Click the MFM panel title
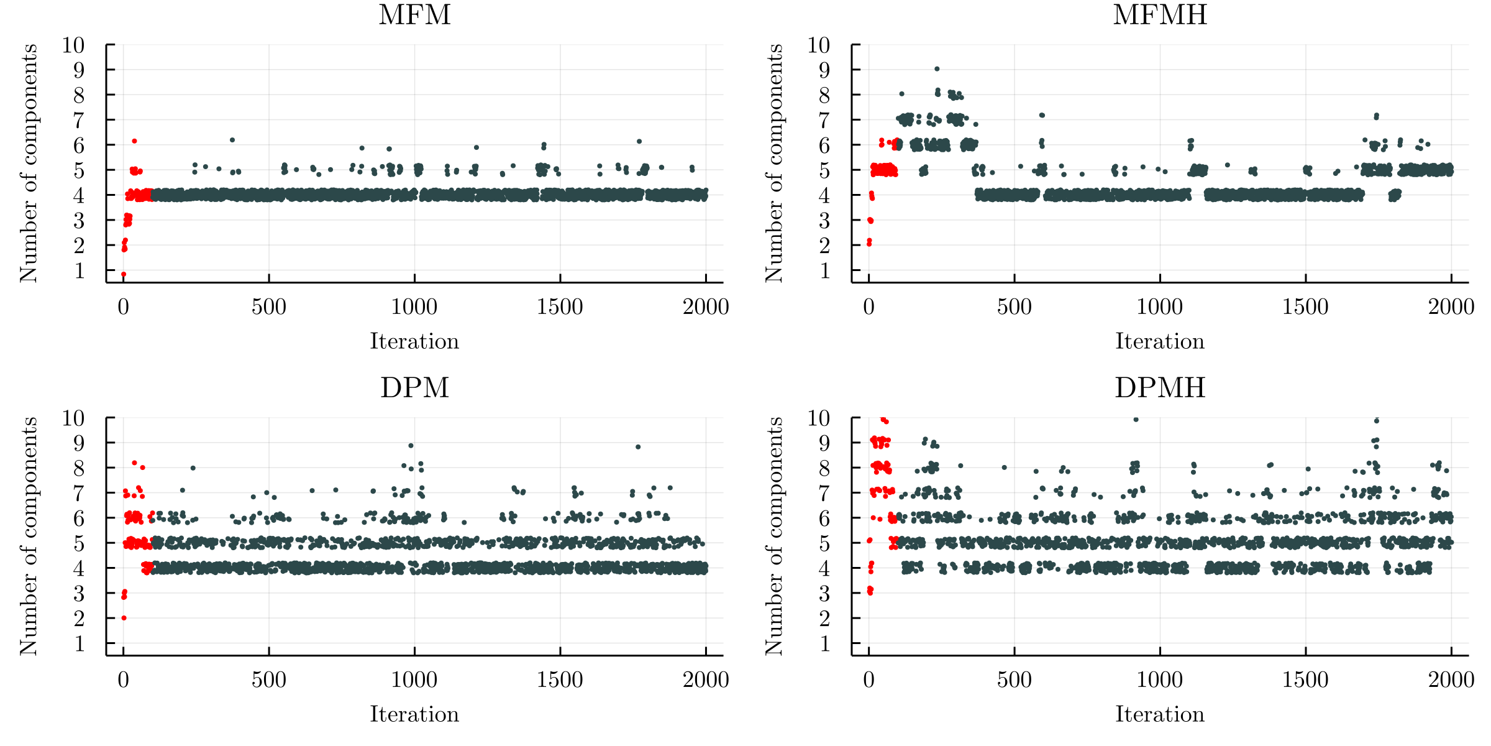(x=414, y=15)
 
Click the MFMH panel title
(x=1160, y=15)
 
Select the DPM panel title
(x=414, y=388)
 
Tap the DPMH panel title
(x=1160, y=388)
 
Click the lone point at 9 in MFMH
(x=937, y=69)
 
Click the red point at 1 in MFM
(x=124, y=274)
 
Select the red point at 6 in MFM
(x=134, y=141)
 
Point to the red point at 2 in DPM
(x=124, y=618)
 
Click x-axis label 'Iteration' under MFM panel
(x=414, y=341)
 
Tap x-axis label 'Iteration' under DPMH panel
(x=1160, y=714)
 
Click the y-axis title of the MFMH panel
(x=773, y=163)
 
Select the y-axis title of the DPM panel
(x=28, y=536)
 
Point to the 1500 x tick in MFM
(x=560, y=306)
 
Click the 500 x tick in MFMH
(x=1015, y=306)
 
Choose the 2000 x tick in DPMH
(x=1451, y=679)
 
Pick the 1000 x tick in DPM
(x=414, y=679)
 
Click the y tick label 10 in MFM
(x=73, y=45)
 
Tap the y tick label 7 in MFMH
(x=824, y=120)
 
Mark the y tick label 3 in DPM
(x=79, y=593)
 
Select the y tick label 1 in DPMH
(x=824, y=643)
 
